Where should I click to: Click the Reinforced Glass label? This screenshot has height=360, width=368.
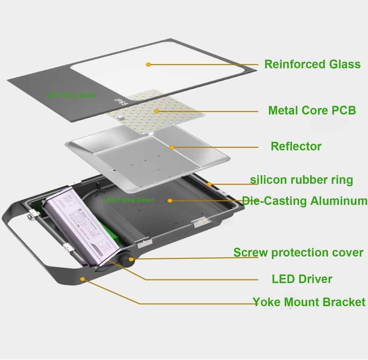tap(312, 64)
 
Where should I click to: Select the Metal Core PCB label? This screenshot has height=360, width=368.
tap(312, 111)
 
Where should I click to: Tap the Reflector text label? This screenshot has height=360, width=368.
tap(296, 146)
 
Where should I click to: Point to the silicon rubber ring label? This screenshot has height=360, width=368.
tap(301, 180)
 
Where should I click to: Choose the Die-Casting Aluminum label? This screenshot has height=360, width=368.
tap(305, 201)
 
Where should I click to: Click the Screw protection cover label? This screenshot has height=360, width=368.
tap(298, 253)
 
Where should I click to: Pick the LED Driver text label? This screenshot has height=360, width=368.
tap(302, 279)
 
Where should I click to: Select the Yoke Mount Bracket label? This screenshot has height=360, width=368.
tap(309, 302)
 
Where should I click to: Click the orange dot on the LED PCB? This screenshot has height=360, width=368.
tap(157, 111)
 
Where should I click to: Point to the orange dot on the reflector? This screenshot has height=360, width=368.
tap(172, 147)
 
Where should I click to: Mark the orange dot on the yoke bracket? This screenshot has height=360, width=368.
tap(82, 279)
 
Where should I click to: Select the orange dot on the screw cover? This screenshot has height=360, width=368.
tap(131, 259)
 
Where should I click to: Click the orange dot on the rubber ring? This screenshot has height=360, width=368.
tap(209, 184)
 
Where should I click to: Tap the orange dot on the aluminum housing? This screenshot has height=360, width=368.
tap(169, 200)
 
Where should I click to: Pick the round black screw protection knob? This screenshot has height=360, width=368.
tap(126, 259)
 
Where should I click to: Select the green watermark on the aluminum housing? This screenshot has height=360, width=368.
tap(129, 200)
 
